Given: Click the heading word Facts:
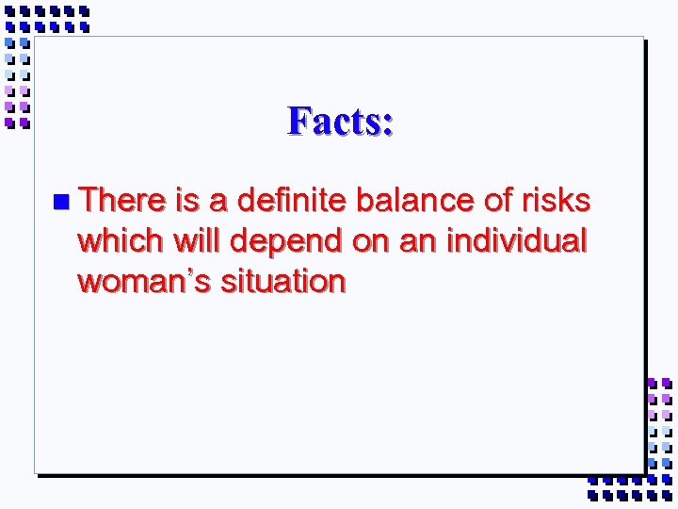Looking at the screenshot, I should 341,121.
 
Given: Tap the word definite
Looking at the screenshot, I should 292,201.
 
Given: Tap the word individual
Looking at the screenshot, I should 516,241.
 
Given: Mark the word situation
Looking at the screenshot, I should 282,282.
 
